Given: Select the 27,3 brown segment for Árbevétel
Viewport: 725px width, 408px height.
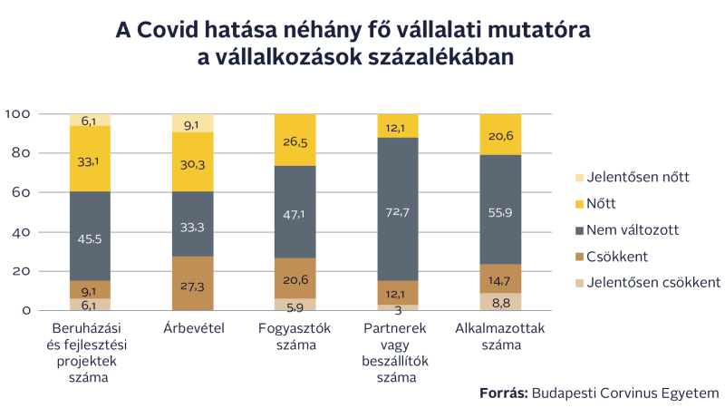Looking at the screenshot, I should (192, 284).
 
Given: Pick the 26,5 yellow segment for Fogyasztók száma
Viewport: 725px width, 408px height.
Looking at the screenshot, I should (295, 141).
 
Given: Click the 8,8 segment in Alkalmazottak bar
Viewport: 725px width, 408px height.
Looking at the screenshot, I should (500, 301).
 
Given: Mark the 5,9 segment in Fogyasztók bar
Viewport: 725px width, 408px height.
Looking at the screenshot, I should (295, 305).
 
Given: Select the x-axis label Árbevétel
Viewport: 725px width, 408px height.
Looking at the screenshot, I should (192, 327).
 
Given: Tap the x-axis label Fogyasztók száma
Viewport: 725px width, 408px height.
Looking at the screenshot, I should (295, 336).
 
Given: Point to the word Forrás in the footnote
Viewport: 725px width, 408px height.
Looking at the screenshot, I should (503, 393).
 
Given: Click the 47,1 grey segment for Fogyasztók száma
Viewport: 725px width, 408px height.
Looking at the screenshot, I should (295, 213).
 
